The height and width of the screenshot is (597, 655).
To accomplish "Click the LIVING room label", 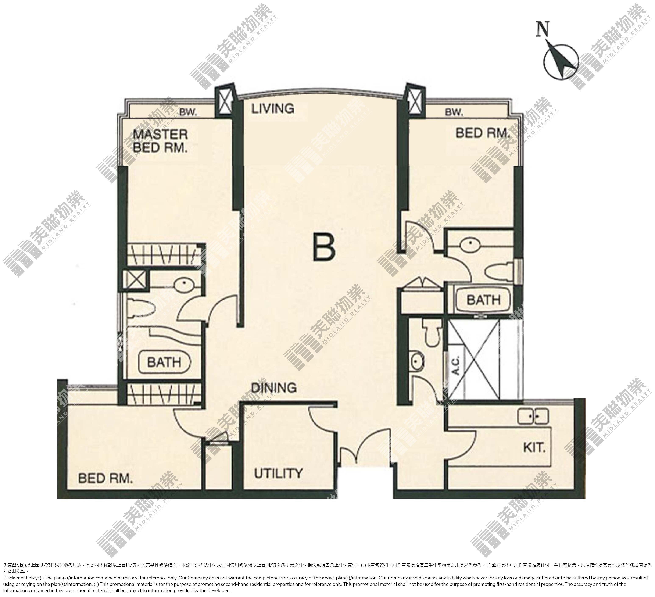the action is coord(273,108).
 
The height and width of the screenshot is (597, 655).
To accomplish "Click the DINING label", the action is coord(274,388).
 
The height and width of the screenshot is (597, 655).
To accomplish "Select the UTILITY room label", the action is coord(278,473).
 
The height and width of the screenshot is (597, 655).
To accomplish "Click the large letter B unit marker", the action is coord(324,247).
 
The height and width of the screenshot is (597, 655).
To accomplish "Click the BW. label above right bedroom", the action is coord(454,112).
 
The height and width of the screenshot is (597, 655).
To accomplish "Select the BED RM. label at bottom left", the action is coord(105,478).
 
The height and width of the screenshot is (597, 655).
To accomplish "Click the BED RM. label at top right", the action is coord(483,133).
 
